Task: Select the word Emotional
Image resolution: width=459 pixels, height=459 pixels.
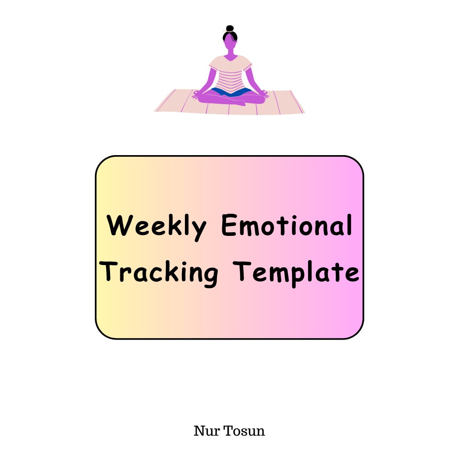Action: (x=287, y=225)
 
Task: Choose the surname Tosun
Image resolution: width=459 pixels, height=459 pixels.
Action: (x=244, y=431)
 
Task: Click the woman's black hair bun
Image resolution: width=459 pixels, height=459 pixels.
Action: (x=230, y=28)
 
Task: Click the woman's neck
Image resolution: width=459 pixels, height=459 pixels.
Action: (x=230, y=53)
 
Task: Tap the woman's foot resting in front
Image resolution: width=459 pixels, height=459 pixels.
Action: (x=238, y=102)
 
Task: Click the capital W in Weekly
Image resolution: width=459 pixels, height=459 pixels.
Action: (x=120, y=225)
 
